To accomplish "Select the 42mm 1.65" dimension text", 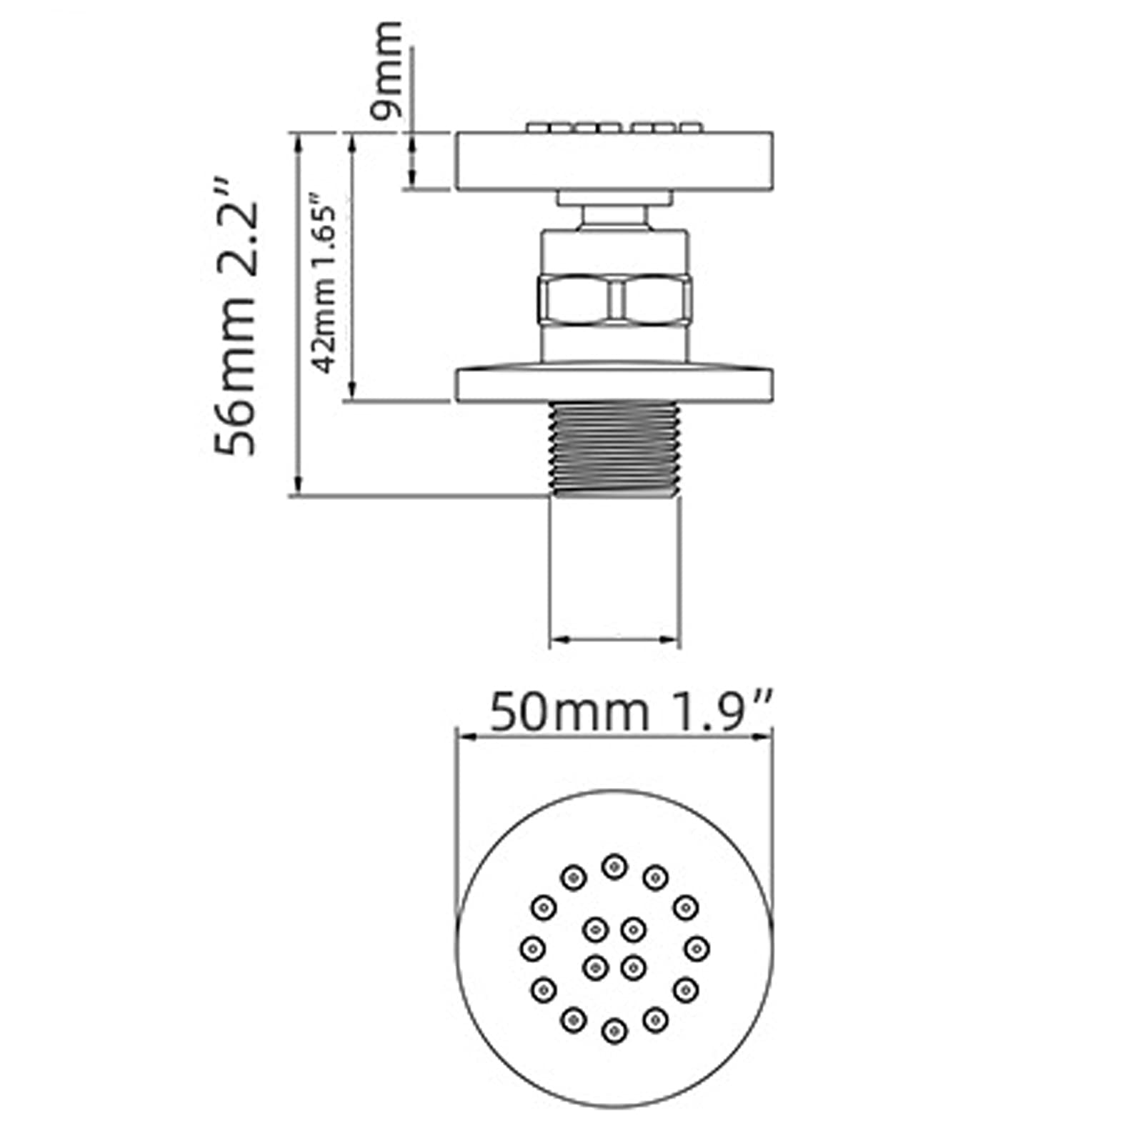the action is pos(324,281).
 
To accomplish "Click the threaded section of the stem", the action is pos(614,448).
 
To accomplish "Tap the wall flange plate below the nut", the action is pos(614,384).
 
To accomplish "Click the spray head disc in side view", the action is pos(614,161).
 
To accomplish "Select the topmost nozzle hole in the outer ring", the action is pos(614,867).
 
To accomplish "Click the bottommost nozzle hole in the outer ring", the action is pos(614,1031).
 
